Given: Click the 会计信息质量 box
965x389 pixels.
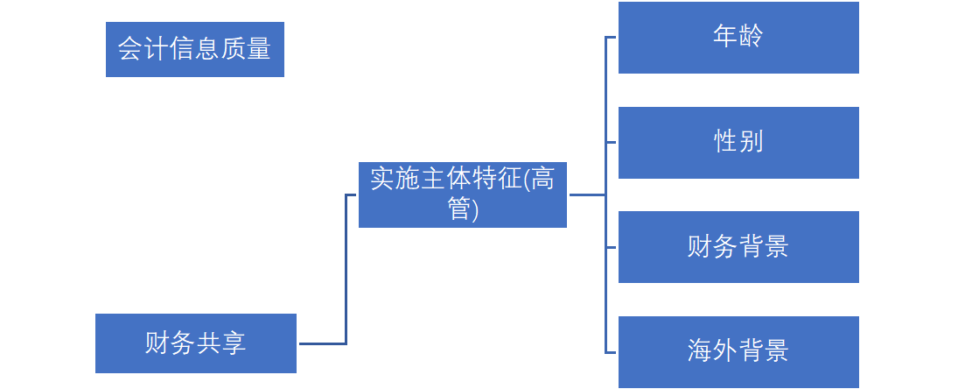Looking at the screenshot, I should pyautogui.click(x=194, y=49).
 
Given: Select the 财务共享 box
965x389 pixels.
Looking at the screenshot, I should pyautogui.click(x=195, y=343).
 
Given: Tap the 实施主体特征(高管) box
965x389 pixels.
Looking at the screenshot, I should pyautogui.click(x=462, y=194).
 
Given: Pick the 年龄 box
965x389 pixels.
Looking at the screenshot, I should pyautogui.click(x=738, y=38).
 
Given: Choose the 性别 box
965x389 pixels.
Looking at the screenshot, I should pyautogui.click(x=738, y=142).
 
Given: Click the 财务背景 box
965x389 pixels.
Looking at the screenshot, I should pyautogui.click(x=738, y=247).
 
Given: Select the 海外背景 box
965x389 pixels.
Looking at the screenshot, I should pyautogui.click(x=738, y=351).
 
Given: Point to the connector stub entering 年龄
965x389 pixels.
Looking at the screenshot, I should pyautogui.click(x=612, y=38).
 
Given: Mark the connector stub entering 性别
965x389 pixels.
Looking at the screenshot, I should pyautogui.click(x=612, y=142).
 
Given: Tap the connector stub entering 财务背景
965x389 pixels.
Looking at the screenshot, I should pyautogui.click(x=612, y=247).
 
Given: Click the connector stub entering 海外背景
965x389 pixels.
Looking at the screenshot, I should pyautogui.click(x=612, y=352).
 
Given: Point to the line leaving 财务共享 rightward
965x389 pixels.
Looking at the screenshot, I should pyautogui.click(x=321, y=343).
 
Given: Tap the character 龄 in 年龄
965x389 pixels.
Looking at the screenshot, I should pyautogui.click(x=751, y=37).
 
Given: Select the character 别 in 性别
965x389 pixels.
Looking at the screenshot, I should pyautogui.click(x=752, y=141).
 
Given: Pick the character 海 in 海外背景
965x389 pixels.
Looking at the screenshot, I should pyautogui.click(x=701, y=351).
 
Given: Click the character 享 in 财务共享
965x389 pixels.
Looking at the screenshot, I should pyautogui.click(x=233, y=343).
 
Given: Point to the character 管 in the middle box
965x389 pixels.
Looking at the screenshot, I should pyautogui.click(x=459, y=210).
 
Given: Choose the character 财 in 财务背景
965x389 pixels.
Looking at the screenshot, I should pyautogui.click(x=701, y=247).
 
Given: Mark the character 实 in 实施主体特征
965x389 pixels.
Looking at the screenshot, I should pyautogui.click(x=382, y=180).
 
